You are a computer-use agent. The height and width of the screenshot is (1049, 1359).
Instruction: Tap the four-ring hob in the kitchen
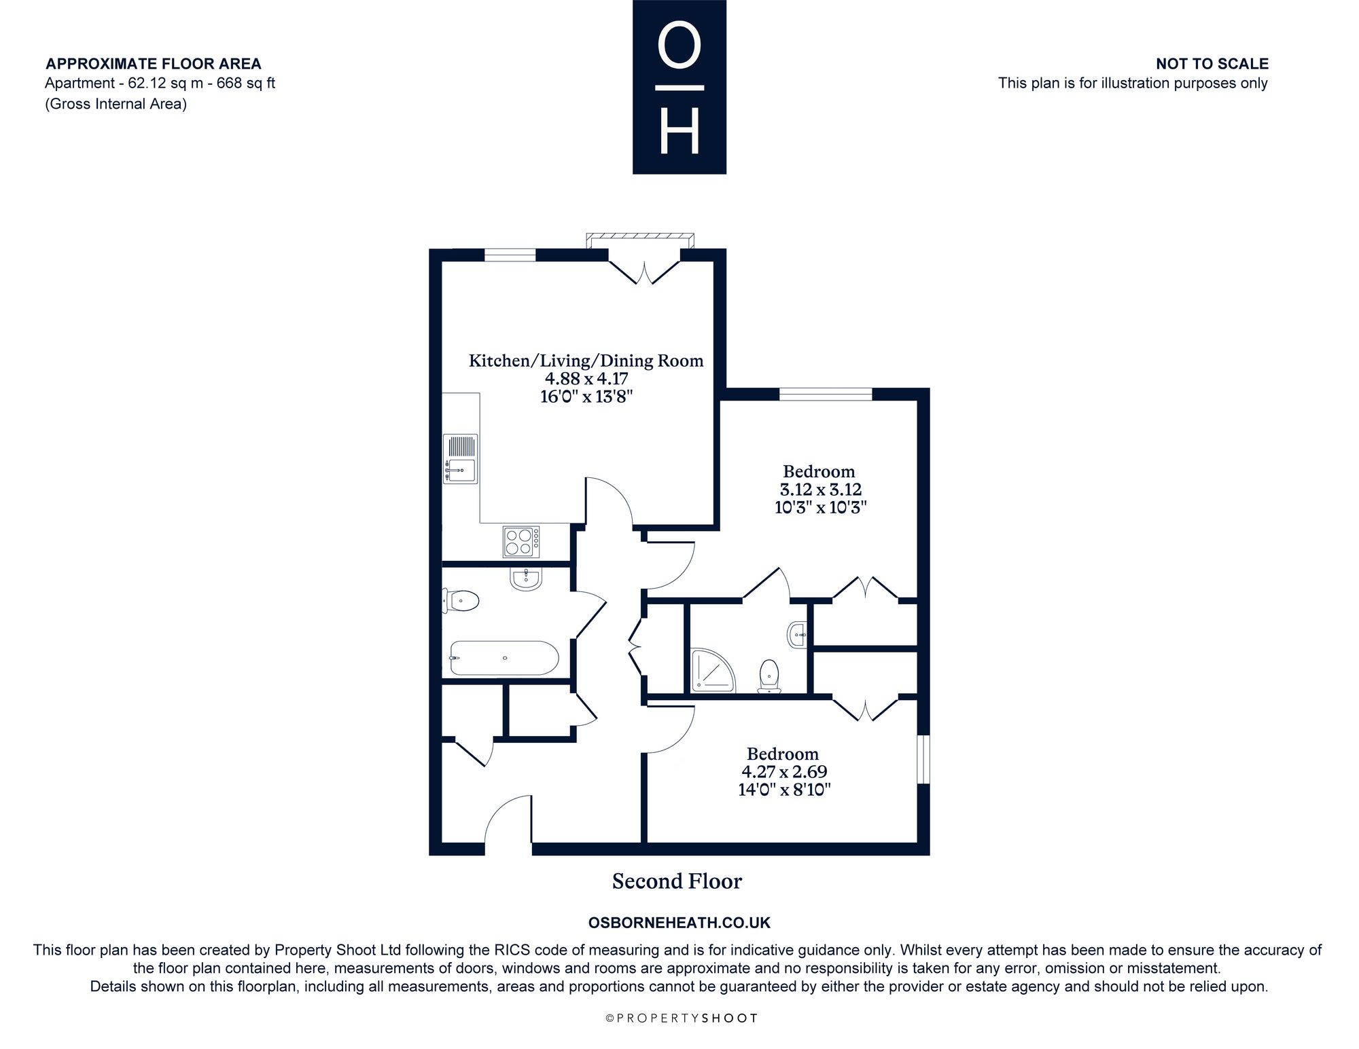tap(521, 542)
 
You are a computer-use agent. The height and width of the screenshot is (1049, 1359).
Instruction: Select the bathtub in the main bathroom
tap(504, 658)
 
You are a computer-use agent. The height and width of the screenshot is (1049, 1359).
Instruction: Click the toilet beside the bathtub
tap(461, 601)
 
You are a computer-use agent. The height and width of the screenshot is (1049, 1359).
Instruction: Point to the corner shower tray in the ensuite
tap(713, 671)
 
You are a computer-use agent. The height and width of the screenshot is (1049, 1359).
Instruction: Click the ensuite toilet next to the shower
tap(769, 676)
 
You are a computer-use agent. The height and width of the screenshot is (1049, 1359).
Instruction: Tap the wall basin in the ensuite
tap(797, 636)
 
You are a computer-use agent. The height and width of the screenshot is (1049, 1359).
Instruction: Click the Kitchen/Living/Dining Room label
tap(586, 361)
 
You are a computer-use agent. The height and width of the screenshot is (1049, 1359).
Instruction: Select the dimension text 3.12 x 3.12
tap(820, 490)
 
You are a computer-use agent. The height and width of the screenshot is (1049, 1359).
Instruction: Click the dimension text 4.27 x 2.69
tap(784, 772)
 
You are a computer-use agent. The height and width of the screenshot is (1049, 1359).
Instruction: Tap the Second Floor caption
tap(677, 881)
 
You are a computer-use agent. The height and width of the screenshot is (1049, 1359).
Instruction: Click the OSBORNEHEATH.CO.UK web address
tap(679, 923)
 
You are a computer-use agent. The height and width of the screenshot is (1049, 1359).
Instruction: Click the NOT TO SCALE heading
tap(1212, 64)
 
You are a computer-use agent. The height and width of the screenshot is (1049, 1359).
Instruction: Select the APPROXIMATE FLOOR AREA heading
tap(154, 64)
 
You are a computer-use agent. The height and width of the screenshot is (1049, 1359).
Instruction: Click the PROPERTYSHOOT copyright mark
tap(681, 1018)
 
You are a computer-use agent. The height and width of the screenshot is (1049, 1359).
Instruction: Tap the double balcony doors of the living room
tap(644, 268)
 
